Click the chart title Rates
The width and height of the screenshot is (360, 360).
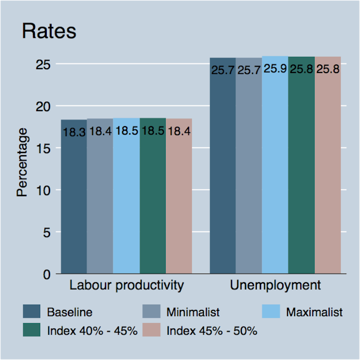(49, 32)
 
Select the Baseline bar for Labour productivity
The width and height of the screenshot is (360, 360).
(74, 201)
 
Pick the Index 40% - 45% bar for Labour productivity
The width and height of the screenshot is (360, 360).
(153, 201)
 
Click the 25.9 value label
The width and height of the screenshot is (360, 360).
(275, 69)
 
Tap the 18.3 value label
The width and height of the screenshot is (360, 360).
(74, 133)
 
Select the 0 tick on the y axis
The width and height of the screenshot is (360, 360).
(47, 275)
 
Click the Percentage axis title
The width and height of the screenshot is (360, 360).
(22, 162)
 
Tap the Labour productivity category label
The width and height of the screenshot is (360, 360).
(127, 286)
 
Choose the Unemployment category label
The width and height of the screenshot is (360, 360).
(275, 286)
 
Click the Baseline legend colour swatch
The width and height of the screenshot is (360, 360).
(32, 312)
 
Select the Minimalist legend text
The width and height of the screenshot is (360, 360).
(193, 313)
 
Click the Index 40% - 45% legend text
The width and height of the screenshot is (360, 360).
(92, 330)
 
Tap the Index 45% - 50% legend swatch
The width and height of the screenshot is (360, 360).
(151, 330)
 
